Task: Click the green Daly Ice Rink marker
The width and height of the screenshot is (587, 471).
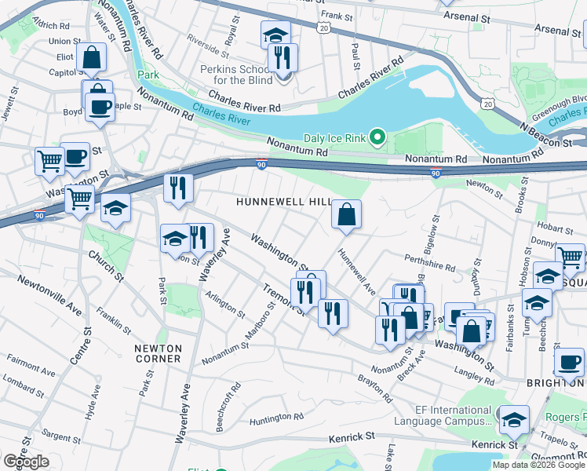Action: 377,139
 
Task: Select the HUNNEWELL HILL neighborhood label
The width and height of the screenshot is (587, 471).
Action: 284,203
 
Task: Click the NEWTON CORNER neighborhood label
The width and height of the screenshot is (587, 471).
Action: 158,353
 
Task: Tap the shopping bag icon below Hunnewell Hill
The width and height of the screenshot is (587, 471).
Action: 346,214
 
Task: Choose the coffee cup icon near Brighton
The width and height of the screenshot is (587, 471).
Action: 569,363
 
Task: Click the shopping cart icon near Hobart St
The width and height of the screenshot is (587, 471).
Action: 570,256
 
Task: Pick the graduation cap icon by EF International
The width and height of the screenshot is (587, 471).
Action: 514,420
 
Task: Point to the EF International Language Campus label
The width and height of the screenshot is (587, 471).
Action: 454,416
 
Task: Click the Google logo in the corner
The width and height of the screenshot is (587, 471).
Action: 26,462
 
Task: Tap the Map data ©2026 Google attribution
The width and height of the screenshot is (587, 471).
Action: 538,465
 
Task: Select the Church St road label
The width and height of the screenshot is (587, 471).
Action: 106,265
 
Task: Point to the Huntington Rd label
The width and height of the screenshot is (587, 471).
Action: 276,420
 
